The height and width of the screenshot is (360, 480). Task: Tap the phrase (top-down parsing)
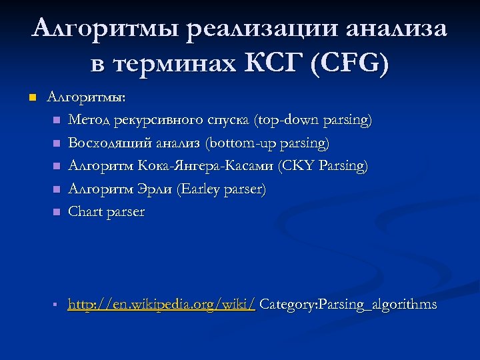click(x=313, y=120)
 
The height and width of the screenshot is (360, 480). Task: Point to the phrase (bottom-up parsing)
click(x=267, y=143)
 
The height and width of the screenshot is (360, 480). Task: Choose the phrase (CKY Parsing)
click(x=323, y=166)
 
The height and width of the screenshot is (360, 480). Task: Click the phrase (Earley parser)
click(x=221, y=189)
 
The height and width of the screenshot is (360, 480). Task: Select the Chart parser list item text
click(x=107, y=212)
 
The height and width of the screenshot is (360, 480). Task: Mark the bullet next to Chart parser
click(x=56, y=212)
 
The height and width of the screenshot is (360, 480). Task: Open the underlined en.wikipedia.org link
click(x=162, y=305)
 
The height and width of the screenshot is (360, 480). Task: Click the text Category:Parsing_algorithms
click(x=348, y=305)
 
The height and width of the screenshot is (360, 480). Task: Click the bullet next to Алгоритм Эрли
click(x=56, y=189)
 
